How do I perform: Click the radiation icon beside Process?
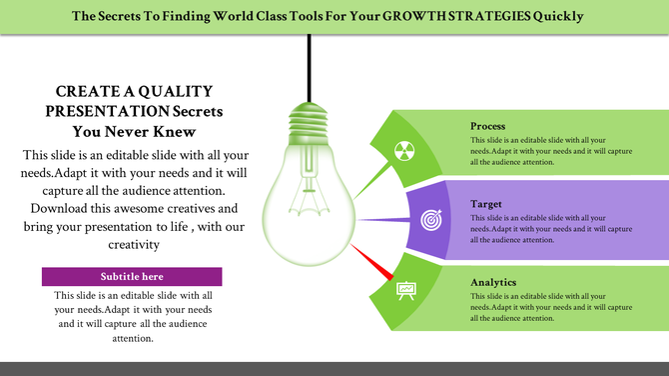pos(402,151)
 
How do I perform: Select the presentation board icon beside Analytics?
pos(405,291)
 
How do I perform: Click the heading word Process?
pos(487,127)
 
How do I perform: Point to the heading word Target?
pos(486,204)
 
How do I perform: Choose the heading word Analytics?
pos(493,282)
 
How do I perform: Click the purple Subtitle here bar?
pos(132,276)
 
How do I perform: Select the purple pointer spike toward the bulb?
pos(384,219)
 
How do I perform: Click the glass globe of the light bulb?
pos(306,200)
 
